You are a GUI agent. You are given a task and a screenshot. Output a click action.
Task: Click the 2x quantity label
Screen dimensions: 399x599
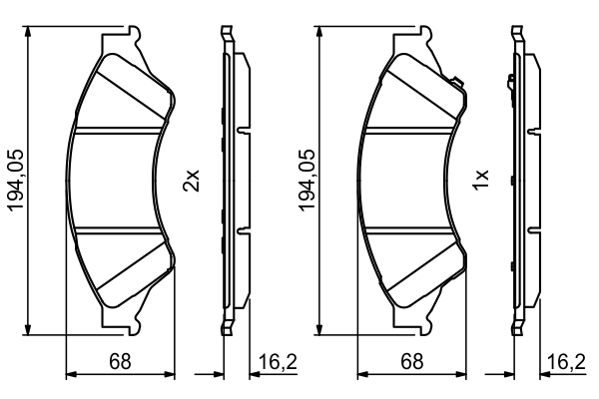[194, 181]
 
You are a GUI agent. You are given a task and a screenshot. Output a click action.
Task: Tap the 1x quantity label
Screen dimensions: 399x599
[482, 181]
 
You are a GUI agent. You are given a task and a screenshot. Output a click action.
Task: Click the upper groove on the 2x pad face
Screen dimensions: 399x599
[120, 130]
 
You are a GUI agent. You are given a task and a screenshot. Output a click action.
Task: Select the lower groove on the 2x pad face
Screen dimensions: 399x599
[120, 228]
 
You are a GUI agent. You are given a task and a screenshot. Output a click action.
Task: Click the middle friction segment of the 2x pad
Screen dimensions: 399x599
[120, 180]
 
